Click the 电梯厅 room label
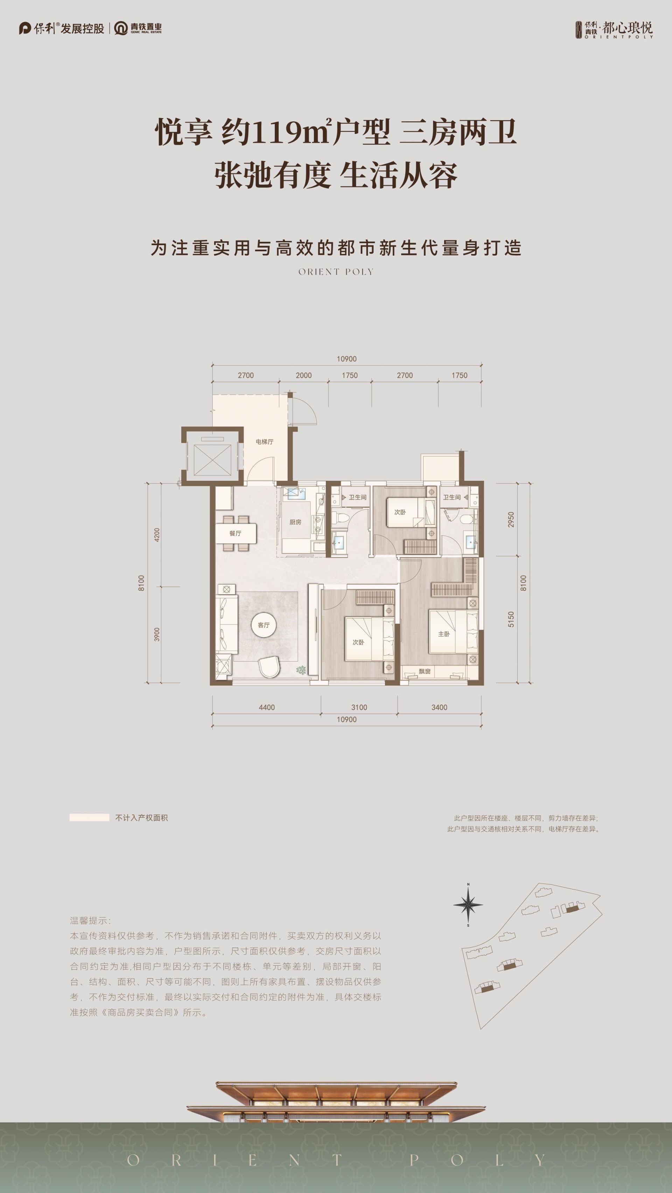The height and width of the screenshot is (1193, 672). (264, 442)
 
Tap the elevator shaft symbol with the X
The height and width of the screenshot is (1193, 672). (212, 459)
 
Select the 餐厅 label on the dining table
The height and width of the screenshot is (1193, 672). (236, 534)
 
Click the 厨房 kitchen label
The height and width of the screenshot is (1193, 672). (295, 522)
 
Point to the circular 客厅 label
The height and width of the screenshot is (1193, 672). (264, 625)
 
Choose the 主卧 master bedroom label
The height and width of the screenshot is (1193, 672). (444, 634)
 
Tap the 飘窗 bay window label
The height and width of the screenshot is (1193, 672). (425, 671)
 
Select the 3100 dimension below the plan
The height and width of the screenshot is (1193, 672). (359, 707)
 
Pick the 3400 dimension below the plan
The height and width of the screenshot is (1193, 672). (439, 707)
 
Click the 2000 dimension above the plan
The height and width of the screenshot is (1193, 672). (303, 375)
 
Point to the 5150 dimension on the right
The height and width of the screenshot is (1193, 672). (511, 619)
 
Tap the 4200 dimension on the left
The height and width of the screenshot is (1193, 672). (157, 535)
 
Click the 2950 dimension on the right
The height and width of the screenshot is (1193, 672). (511, 520)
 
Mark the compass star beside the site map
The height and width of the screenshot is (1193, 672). (468, 904)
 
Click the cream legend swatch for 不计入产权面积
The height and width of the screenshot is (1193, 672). (90, 818)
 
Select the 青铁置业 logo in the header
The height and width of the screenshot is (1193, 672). (138, 28)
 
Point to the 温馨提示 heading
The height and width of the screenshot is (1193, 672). (90, 921)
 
